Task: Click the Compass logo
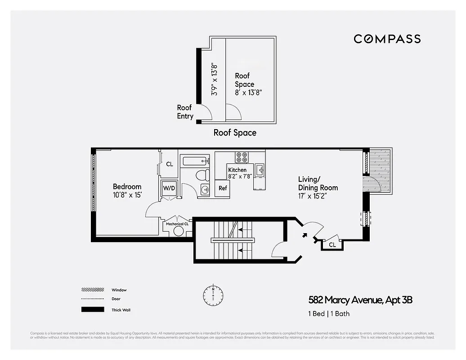pos(387,39)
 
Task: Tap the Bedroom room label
pos(127,186)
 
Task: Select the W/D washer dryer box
pos(169,188)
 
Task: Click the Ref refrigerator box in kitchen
pos(223,189)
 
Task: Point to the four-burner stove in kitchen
pos(242,157)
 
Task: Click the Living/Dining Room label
pos(318,183)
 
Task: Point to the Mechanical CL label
pos(177,223)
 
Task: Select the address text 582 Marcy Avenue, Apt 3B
pos(360,300)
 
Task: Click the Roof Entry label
pos(184,112)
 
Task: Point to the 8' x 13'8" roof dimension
pos(248,93)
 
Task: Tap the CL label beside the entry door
pos(332,245)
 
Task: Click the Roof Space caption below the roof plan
pos(235,133)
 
